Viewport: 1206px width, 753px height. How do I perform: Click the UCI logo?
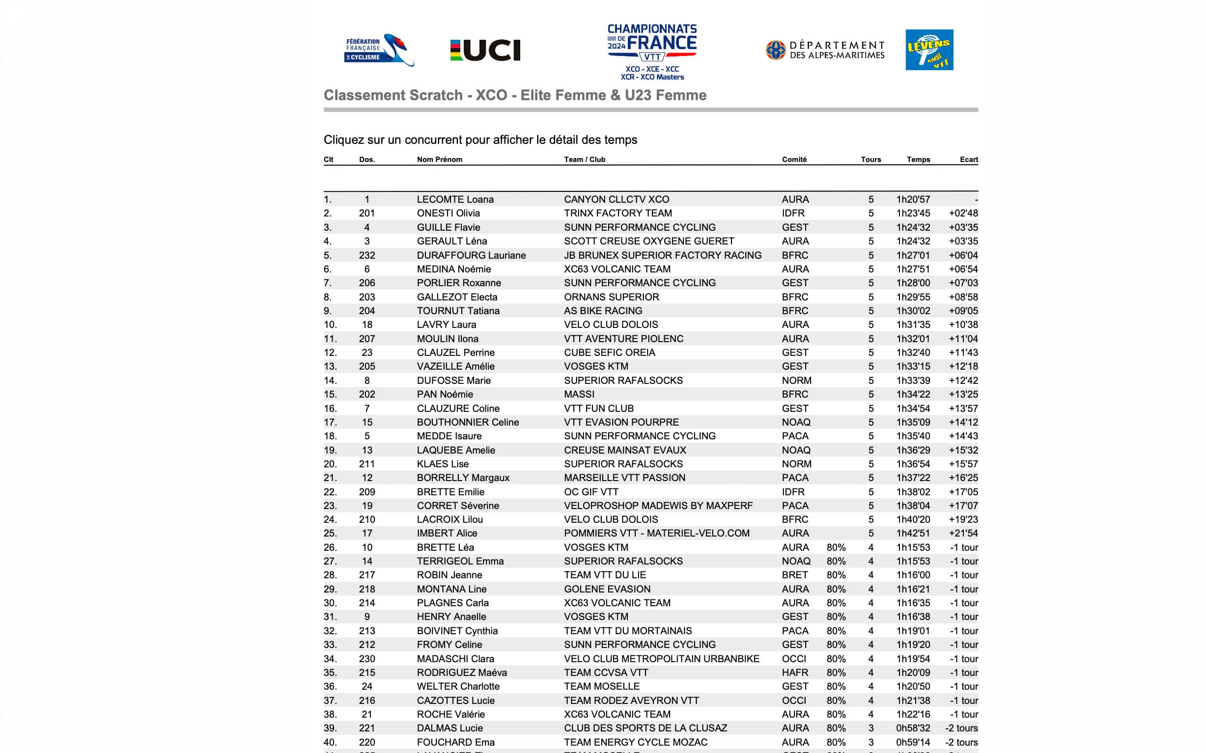485,50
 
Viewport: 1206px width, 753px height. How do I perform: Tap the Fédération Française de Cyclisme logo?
379,50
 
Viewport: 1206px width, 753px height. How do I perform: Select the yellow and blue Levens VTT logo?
929,50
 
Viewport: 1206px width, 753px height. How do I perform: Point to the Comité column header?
794,160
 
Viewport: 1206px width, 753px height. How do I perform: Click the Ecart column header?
968,160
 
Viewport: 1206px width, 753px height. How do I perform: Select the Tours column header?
870,160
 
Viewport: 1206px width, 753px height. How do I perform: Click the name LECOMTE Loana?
455,199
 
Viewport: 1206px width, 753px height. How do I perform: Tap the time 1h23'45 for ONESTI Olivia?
913,213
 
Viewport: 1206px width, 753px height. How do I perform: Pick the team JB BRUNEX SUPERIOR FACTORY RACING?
662,255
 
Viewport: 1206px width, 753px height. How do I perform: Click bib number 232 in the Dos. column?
367,255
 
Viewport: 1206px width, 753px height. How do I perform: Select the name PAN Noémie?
445,394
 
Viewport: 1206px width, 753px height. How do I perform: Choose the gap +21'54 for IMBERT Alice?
963,533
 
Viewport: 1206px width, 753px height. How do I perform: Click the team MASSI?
579,394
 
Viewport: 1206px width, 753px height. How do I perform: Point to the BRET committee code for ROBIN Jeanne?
794,575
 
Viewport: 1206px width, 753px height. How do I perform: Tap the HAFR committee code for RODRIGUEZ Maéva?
795,672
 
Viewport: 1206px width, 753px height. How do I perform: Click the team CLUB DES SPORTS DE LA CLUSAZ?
645,727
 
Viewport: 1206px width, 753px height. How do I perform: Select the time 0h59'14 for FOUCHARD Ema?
913,742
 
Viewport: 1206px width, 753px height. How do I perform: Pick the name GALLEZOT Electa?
457,297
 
